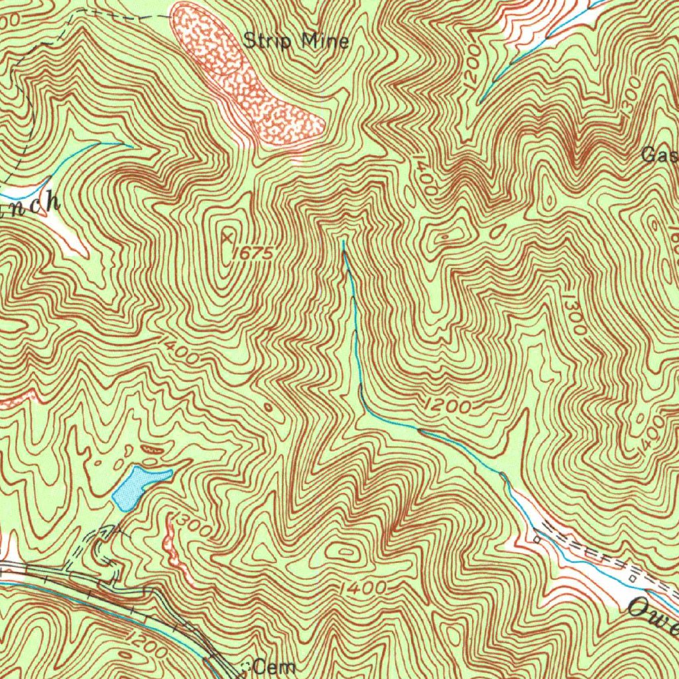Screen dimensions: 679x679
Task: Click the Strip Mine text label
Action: (296, 41)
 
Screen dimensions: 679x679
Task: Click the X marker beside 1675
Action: (228, 236)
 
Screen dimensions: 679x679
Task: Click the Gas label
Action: (660, 156)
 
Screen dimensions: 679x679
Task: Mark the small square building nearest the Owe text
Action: (633, 578)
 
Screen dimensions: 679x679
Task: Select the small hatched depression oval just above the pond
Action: (153, 450)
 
